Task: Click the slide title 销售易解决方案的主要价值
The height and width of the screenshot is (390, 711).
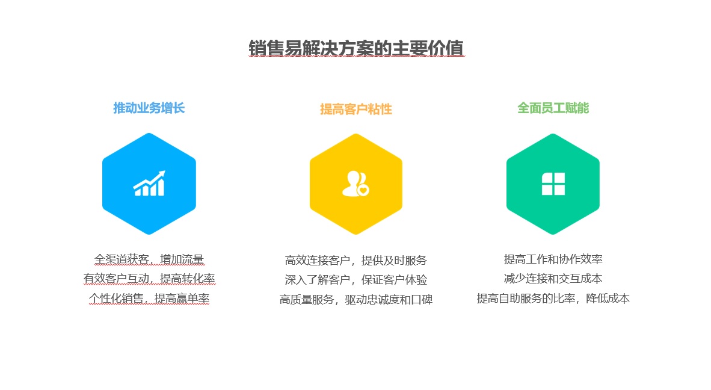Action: point(356,48)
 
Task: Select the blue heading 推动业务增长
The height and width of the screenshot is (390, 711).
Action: point(149,108)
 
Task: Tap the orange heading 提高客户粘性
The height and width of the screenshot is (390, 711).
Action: point(356,109)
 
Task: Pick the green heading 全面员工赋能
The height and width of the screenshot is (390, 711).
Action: point(553,108)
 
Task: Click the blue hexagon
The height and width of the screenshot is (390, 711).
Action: point(149,184)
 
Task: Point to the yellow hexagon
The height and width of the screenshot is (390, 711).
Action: point(356,184)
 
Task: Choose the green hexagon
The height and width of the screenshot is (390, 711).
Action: point(553,184)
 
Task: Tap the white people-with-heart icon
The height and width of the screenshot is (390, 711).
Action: point(355,184)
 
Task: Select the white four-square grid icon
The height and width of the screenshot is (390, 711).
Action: point(553,184)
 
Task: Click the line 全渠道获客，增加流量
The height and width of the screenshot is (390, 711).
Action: point(149,259)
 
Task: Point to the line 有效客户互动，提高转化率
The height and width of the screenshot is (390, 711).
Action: point(149,279)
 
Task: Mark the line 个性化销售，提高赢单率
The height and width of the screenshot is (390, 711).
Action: point(149,299)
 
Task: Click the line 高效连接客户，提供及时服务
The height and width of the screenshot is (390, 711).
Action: point(356,261)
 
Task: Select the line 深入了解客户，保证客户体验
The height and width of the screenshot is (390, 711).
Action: point(356,280)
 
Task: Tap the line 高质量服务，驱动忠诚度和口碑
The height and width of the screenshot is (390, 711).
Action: point(356,299)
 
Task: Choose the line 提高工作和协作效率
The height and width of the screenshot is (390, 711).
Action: point(553,259)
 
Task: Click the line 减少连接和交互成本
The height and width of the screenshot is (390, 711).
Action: point(553,279)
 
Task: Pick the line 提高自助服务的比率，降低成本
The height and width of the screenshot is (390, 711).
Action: point(553,299)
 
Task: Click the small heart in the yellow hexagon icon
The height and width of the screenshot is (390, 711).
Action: point(363,190)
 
